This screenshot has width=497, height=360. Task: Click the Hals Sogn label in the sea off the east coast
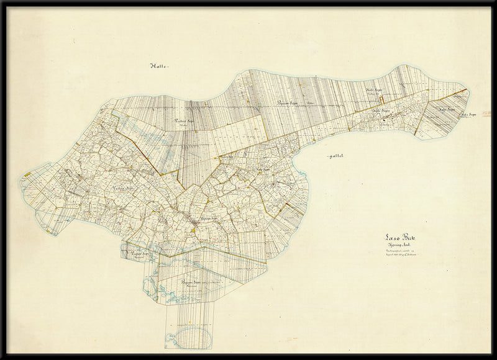(x=468, y=114)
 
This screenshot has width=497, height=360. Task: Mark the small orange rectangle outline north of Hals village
(x=383, y=97)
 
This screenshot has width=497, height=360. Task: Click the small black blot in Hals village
(x=386, y=114)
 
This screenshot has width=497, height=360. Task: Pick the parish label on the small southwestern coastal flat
(x=139, y=254)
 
